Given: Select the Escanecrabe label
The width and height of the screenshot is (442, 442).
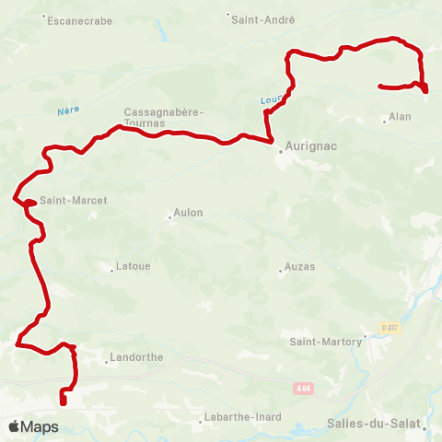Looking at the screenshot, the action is [78, 19].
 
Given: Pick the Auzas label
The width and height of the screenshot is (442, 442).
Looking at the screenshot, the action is [300, 267].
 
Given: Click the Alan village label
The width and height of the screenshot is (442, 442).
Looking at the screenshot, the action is [400, 117].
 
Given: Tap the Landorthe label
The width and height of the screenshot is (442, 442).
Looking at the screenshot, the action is [135, 357].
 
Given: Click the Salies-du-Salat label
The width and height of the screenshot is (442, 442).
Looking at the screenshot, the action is [371, 425].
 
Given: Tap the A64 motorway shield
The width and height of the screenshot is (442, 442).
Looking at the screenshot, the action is [303, 389].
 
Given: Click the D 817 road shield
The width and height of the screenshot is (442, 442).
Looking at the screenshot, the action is [390, 327].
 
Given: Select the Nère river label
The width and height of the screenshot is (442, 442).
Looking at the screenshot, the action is [68, 110].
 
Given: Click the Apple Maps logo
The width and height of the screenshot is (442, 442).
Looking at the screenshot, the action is [33, 426].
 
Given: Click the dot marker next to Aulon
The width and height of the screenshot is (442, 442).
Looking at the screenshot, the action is [170, 218].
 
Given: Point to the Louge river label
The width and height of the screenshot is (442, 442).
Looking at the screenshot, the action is [270, 100].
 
